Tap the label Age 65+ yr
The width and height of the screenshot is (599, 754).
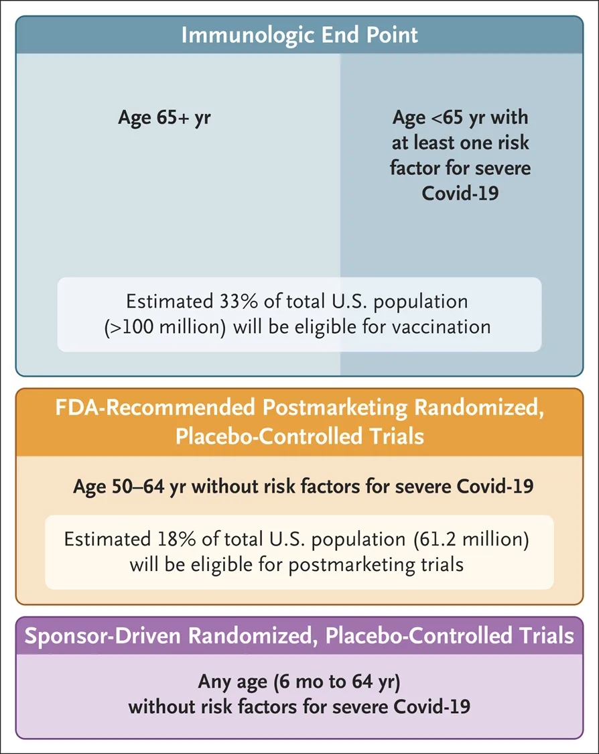coord(164,118)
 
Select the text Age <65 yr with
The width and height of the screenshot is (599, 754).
coord(460,118)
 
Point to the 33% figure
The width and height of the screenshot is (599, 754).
coord(239,302)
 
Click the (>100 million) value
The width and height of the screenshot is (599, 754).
coord(165,327)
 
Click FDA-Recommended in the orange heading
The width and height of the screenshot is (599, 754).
coord(155,407)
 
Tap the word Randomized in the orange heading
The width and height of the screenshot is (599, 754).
coord(479,408)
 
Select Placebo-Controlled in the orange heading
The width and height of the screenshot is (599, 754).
coord(269,436)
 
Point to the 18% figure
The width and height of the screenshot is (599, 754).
coord(176,539)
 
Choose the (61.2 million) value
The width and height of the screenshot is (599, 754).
coord(471,540)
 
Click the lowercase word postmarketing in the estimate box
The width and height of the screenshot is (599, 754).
coord(352,565)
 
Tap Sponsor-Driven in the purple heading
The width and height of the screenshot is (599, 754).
coord(101,636)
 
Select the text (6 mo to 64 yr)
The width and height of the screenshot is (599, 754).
coord(336,682)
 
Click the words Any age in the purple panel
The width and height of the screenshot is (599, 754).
coord(232,682)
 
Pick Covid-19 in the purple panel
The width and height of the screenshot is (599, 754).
coord(431,707)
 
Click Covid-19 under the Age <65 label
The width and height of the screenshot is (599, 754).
coord(460,193)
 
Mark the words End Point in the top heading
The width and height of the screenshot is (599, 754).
coord(369,36)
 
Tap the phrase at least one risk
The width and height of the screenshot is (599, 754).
coord(460,143)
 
